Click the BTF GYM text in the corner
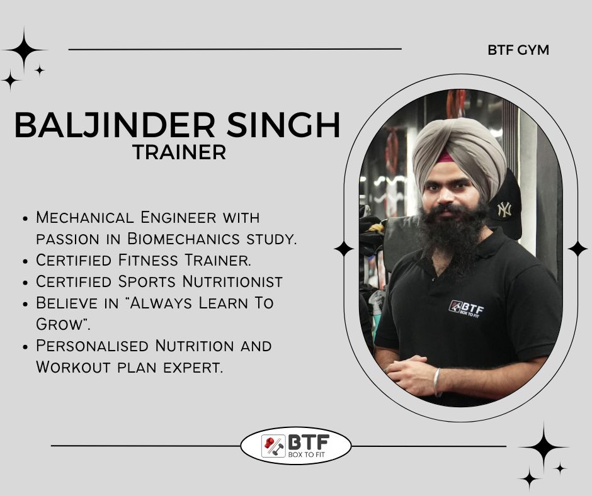[x=518, y=50]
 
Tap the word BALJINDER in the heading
[x=115, y=125]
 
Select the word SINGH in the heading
[x=283, y=125]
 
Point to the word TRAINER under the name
[x=179, y=152]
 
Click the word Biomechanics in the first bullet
[x=183, y=239]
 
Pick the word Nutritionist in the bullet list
[x=232, y=281]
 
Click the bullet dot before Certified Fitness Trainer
[x=26, y=261]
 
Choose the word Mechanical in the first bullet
[x=85, y=217]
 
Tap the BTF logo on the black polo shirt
[x=467, y=309]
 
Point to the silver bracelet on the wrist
[x=437, y=382]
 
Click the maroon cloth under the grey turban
[x=445, y=157]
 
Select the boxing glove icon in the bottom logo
[x=269, y=442]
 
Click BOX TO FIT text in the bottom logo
[x=306, y=454]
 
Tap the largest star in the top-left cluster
[x=24, y=50]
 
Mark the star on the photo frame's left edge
[x=344, y=249]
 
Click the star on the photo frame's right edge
[x=578, y=249]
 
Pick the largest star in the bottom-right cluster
[x=544, y=447]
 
